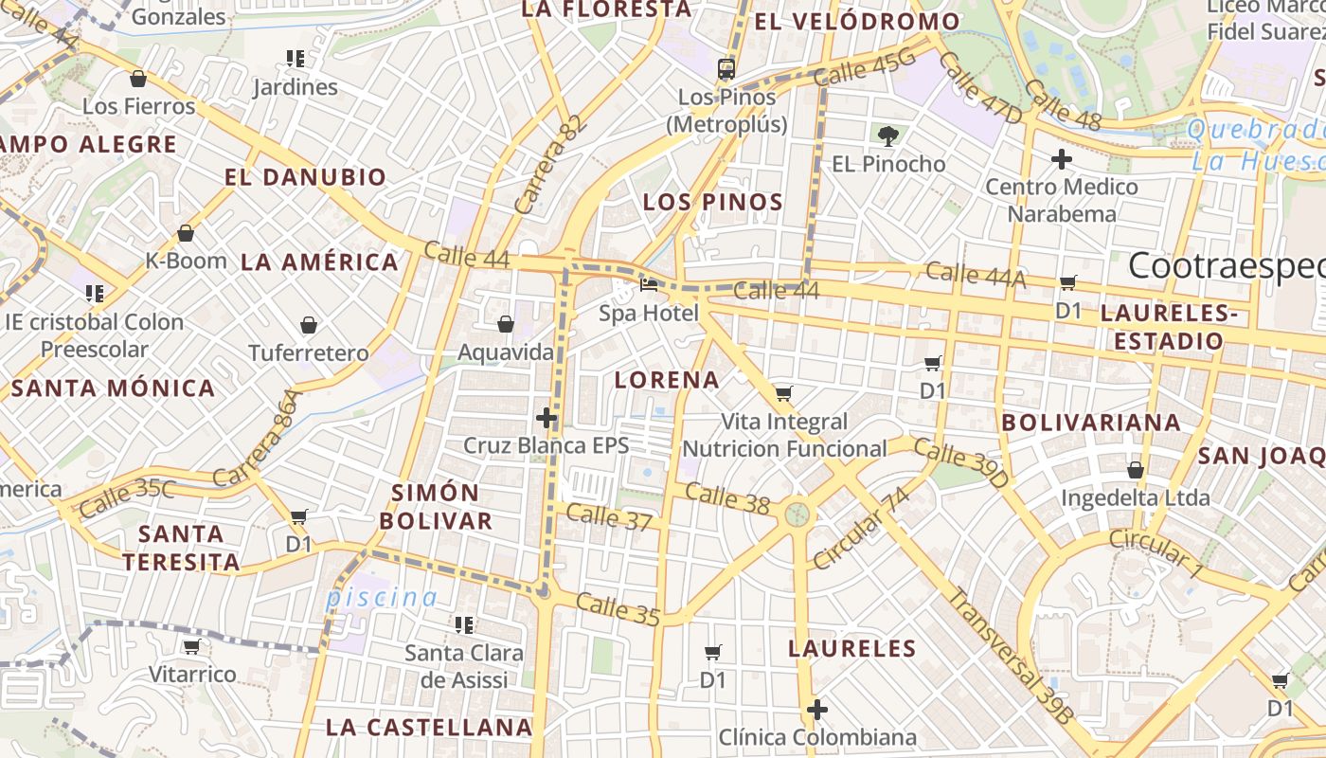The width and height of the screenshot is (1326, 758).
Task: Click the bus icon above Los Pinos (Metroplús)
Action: pyautogui.click(x=726, y=68)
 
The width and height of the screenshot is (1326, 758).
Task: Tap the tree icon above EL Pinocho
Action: pyautogui.click(x=888, y=136)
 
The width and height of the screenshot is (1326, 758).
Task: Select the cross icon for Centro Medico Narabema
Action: pyautogui.click(x=1062, y=159)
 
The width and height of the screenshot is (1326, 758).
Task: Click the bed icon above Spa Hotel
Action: pyautogui.click(x=649, y=284)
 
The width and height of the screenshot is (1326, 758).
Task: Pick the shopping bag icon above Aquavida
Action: pyautogui.click(x=506, y=325)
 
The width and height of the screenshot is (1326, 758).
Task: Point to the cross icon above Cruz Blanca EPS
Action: pyautogui.click(x=547, y=417)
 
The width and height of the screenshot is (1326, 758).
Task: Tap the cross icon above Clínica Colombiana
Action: pyautogui.click(x=816, y=709)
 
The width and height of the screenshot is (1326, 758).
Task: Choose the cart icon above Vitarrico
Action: pyautogui.click(x=192, y=647)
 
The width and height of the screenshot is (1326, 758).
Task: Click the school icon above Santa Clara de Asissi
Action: pyautogui.click(x=464, y=624)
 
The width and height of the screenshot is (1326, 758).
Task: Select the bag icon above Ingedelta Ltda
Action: pyautogui.click(x=1135, y=470)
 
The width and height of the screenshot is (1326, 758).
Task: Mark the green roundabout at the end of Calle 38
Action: pyautogui.click(x=797, y=514)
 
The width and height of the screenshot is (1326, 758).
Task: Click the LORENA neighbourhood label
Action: pyautogui.click(x=667, y=380)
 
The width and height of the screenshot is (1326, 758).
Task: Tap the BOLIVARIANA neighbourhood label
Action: pyautogui.click(x=1091, y=423)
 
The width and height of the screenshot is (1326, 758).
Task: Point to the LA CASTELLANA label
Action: pyautogui.click(x=429, y=728)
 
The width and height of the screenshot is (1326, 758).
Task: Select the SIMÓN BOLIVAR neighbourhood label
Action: pyautogui.click(x=442, y=507)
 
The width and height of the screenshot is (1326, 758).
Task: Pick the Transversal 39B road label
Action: pyautogui.click(x=1010, y=657)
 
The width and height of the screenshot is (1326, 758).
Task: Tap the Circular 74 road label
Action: pyautogui.click(x=861, y=530)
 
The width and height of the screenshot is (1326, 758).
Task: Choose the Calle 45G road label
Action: pyautogui.click(x=865, y=65)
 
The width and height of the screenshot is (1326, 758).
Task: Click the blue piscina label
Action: pyautogui.click(x=382, y=598)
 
